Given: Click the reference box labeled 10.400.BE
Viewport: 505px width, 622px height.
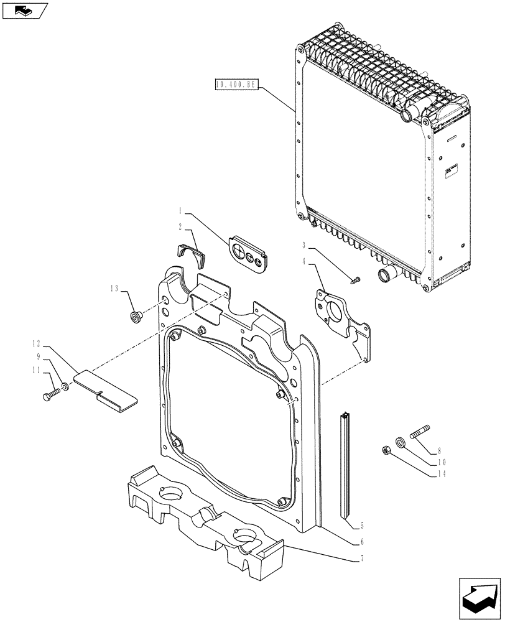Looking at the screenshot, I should click(236, 85).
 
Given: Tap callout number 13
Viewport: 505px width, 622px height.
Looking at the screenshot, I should click(114, 289).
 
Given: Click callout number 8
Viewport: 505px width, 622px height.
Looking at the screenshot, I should click(440, 451).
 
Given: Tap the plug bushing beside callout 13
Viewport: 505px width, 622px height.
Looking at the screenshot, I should click(134, 317).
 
